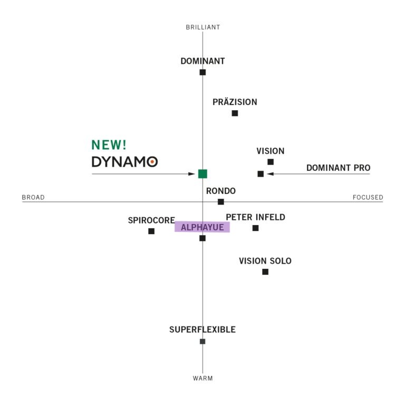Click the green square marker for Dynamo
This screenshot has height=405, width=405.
(202, 174)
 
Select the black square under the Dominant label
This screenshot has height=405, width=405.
(202, 72)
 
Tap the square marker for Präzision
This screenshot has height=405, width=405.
(235, 113)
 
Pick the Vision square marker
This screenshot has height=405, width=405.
(271, 162)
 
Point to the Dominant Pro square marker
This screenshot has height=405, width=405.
(261, 174)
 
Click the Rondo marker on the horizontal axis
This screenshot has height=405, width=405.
(221, 202)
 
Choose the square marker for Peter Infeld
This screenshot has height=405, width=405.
(255, 228)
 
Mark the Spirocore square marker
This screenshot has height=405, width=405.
(151, 231)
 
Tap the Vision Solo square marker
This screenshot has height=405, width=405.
(265, 272)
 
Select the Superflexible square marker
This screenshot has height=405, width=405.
(202, 341)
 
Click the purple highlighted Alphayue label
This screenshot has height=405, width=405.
(202, 227)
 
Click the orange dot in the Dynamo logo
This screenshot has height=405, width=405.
(152, 162)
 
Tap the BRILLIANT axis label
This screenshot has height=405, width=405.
(203, 27)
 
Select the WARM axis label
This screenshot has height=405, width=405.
(203, 378)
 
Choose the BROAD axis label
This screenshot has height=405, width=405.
(33, 198)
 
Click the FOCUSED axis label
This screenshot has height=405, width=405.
(368, 198)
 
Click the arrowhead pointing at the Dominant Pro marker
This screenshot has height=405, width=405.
(269, 174)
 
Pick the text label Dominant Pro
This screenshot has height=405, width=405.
(338, 168)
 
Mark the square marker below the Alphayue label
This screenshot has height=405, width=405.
(202, 238)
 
